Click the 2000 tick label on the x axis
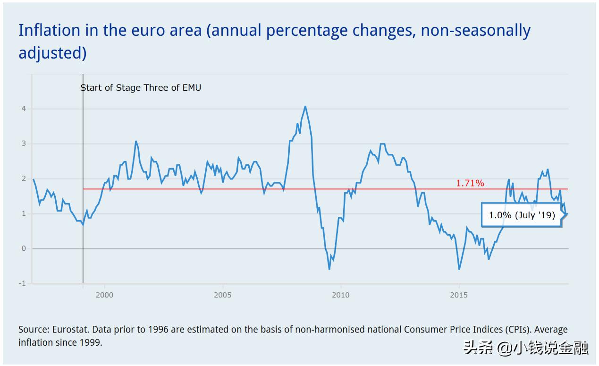[104, 295]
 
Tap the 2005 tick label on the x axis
[222, 295]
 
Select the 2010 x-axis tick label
[340, 295]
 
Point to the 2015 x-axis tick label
[459, 295]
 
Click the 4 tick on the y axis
[23, 109]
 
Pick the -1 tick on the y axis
[22, 283]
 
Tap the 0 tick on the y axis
[23, 248]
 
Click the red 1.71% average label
[470, 183]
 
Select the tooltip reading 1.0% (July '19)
[522, 215]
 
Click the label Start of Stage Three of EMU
[141, 87]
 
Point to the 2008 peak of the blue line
[305, 106]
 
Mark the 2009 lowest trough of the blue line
[329, 269]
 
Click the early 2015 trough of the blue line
[459, 269]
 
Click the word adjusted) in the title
[52, 53]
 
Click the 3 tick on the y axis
[23, 144]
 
